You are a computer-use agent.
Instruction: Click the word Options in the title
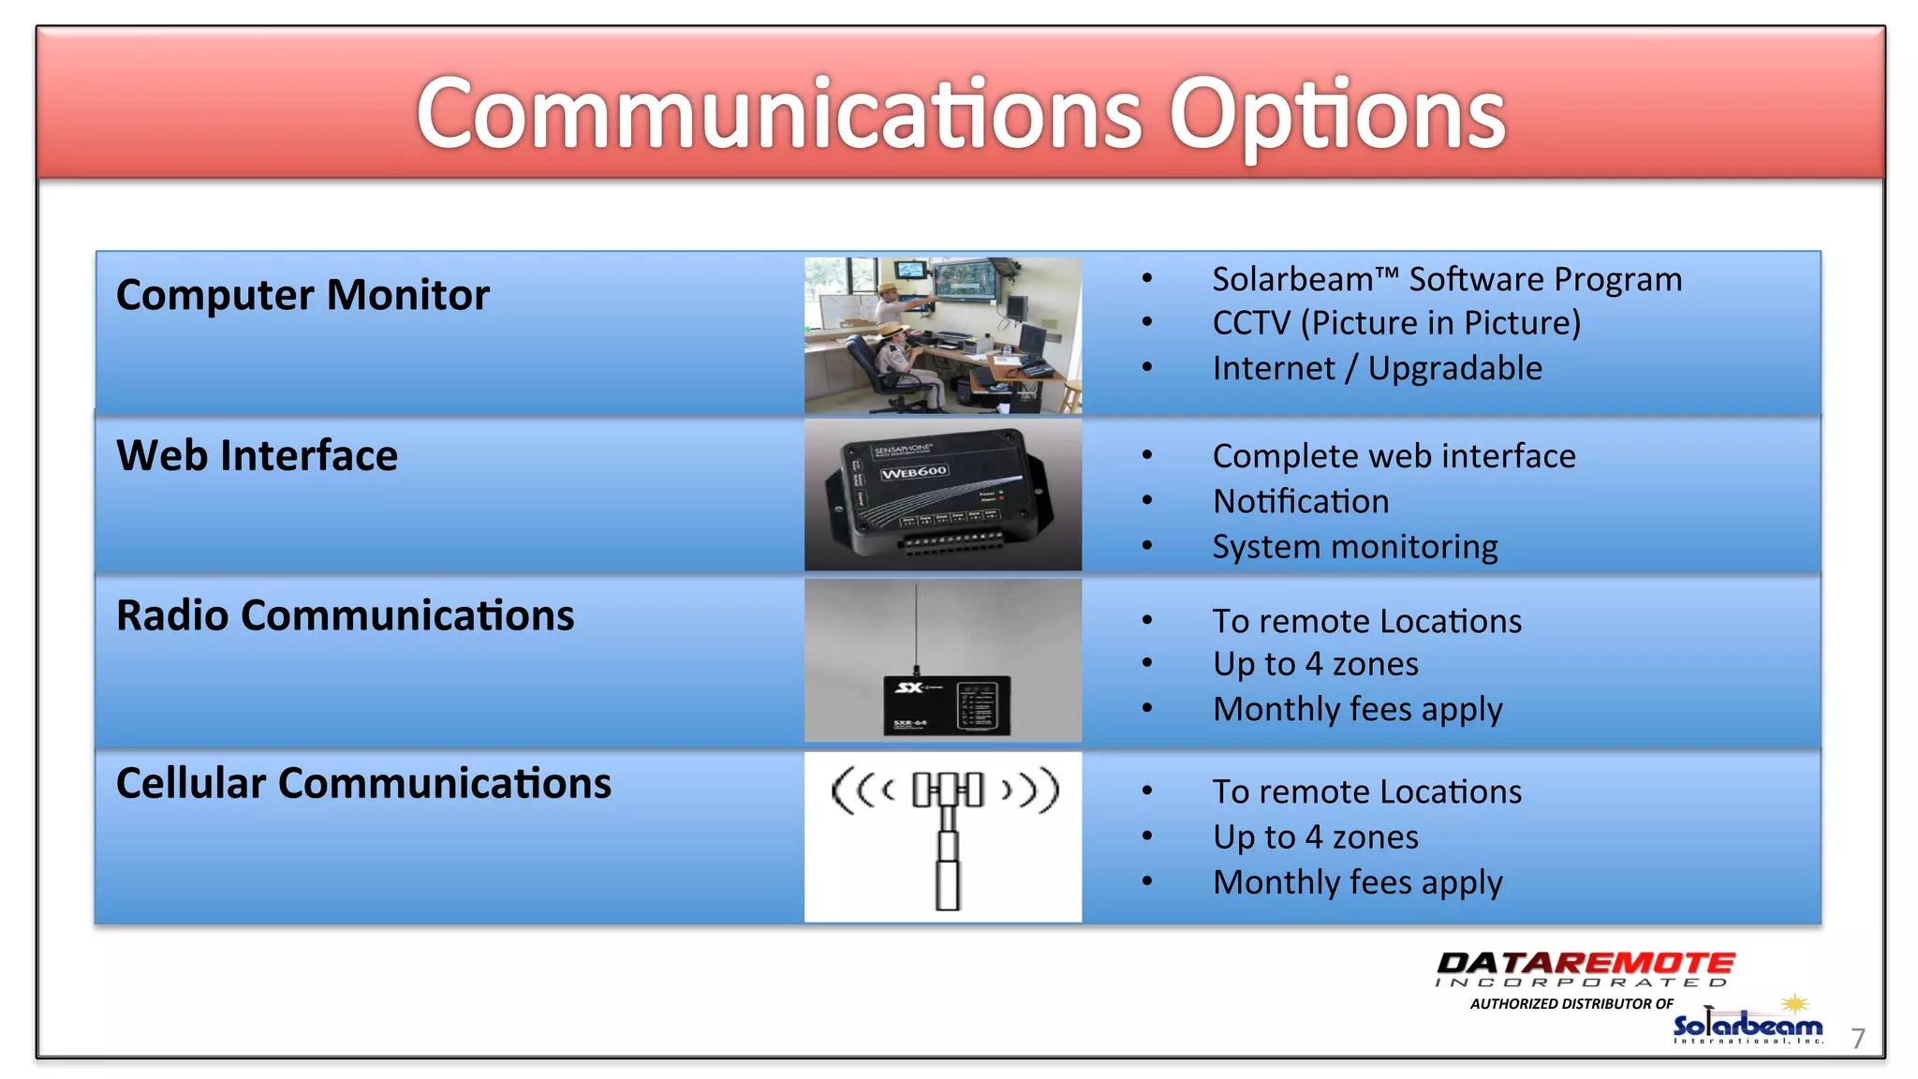1336,116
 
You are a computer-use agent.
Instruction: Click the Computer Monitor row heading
302,295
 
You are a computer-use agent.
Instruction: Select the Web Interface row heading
257,456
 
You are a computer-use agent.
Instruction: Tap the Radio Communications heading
345,616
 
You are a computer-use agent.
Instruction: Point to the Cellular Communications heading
363,783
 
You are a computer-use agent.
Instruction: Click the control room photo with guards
942,335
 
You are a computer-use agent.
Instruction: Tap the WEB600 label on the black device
913,472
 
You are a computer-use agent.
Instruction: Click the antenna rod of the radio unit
916,623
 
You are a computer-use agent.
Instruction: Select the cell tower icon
946,834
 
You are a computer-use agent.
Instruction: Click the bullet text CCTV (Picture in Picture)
1395,323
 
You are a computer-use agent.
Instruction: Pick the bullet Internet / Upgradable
1377,369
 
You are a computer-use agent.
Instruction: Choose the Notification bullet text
1300,502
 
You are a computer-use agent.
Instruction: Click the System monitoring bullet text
1354,547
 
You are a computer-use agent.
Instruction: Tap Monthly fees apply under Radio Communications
1357,710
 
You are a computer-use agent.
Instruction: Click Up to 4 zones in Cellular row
1315,837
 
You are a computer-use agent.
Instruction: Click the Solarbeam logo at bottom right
1748,1026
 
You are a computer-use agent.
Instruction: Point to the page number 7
1858,1038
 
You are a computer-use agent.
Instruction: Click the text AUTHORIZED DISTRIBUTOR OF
1571,1004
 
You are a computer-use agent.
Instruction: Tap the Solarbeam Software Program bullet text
1446,280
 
